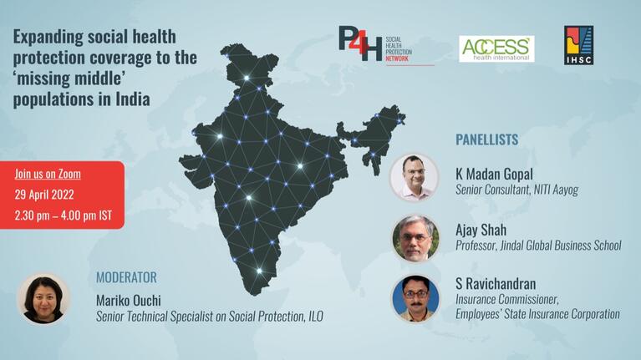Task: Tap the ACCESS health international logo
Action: [x=496, y=48]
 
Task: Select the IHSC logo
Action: [x=578, y=45]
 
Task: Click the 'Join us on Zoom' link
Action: [x=48, y=175]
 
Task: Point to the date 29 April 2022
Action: [x=46, y=195]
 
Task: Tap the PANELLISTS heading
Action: [x=486, y=139]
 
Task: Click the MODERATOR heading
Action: [x=126, y=277]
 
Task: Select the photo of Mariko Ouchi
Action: [x=43, y=298]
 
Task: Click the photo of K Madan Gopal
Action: [x=415, y=176]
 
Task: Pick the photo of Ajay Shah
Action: [x=415, y=238]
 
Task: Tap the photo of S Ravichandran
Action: [x=415, y=298]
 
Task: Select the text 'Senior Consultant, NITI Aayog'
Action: [x=516, y=190]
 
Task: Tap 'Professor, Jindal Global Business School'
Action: [x=538, y=246]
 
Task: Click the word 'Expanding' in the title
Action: [x=50, y=38]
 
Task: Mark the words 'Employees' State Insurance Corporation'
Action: [x=537, y=314]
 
